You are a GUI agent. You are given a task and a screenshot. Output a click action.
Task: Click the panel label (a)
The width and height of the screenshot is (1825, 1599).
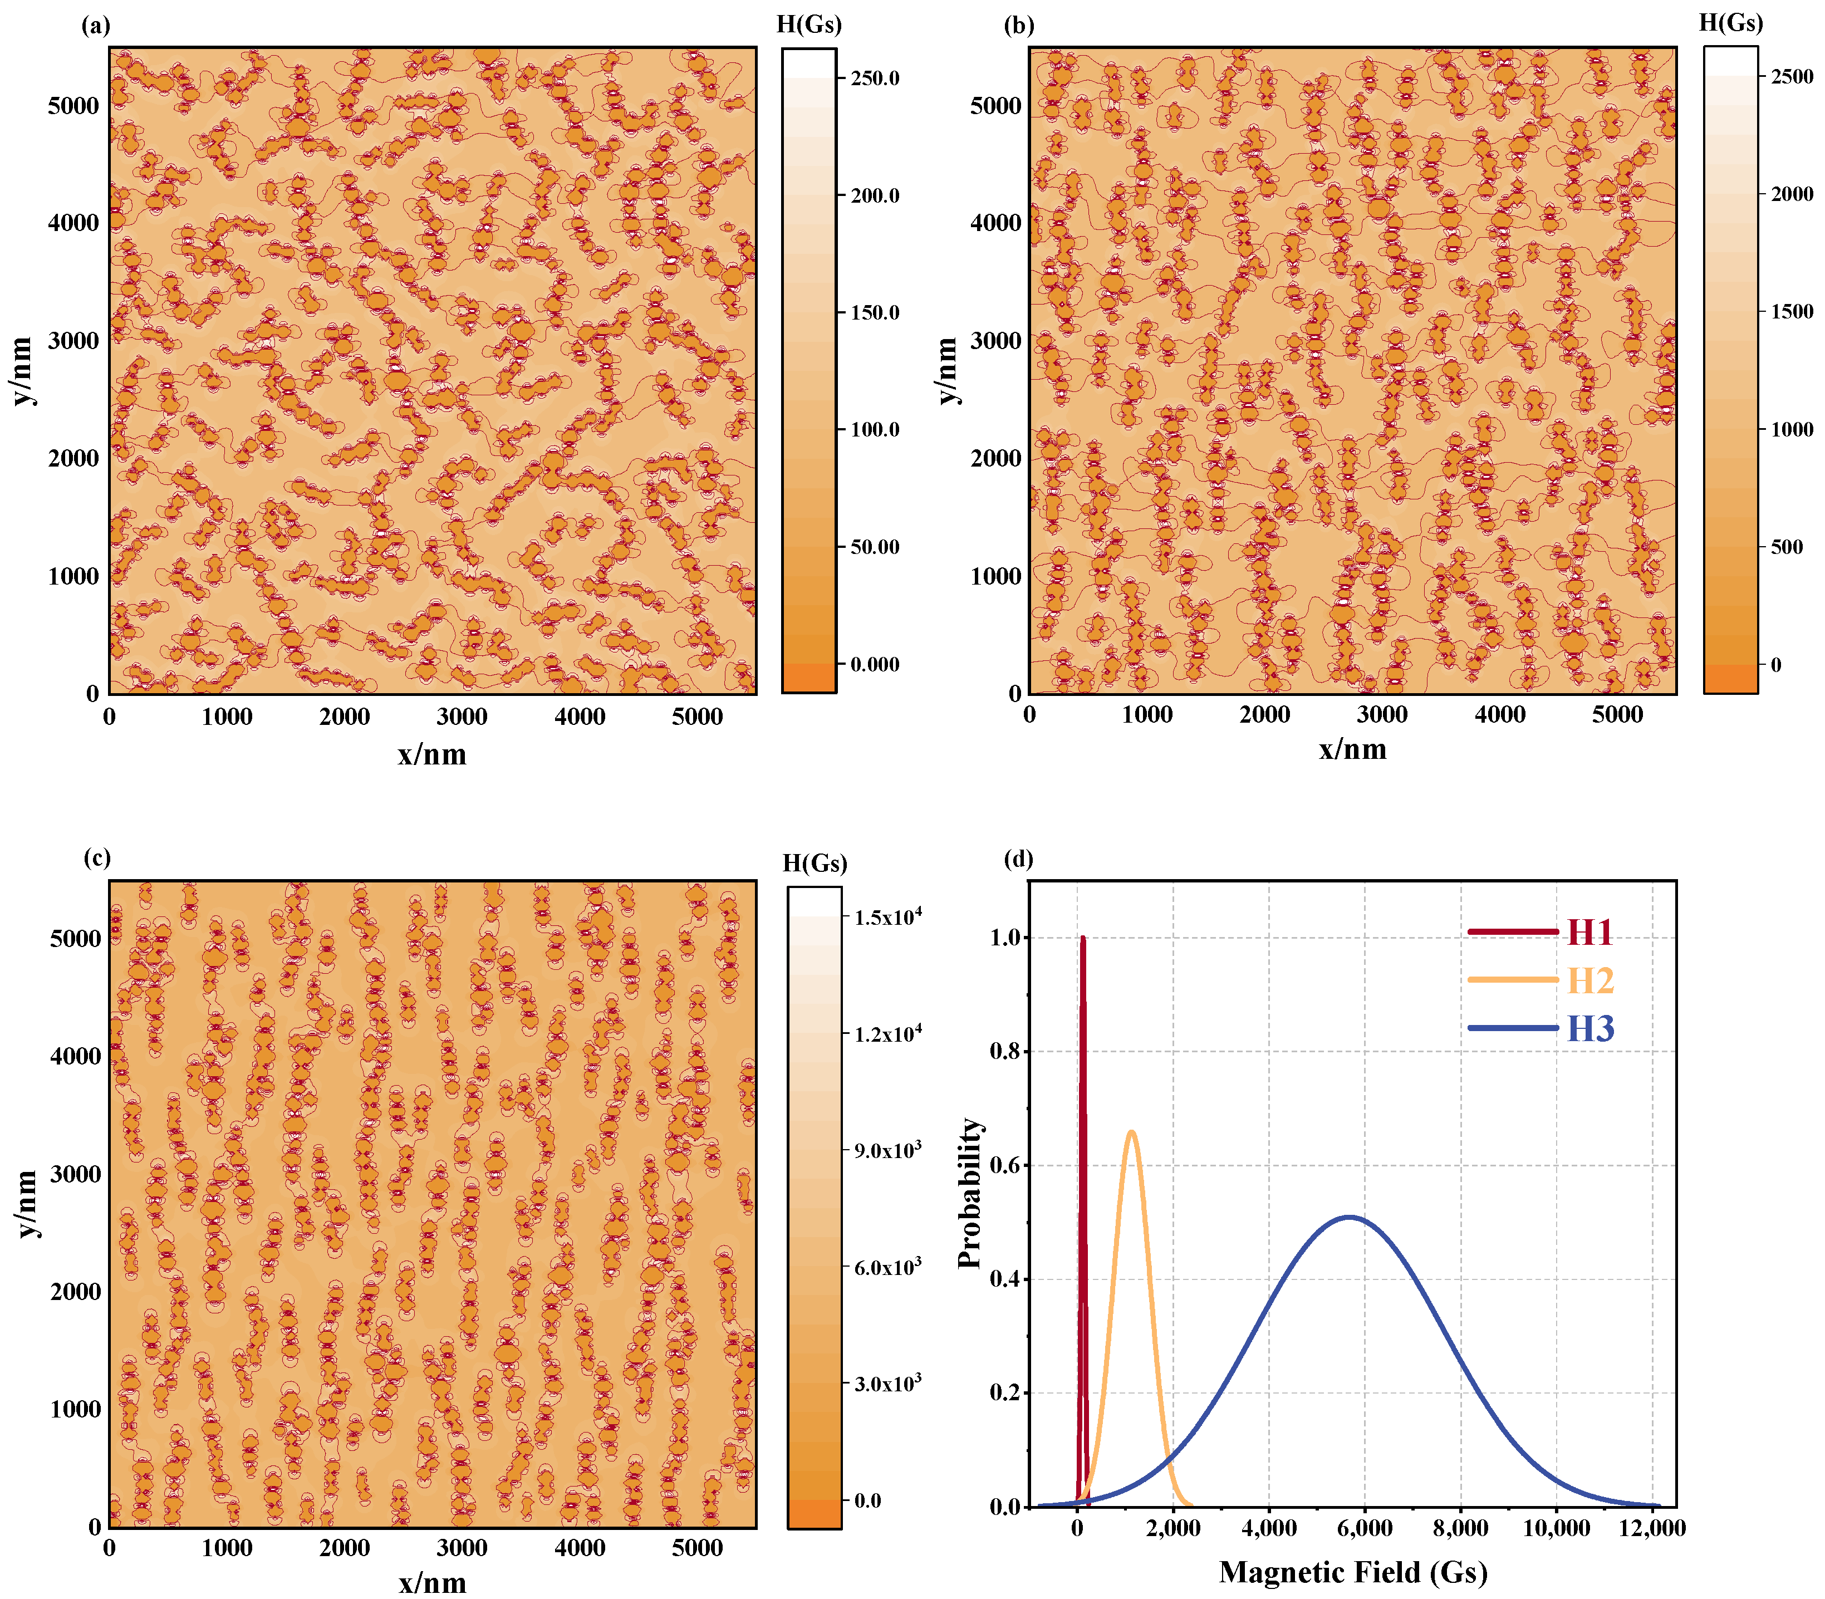tap(96, 26)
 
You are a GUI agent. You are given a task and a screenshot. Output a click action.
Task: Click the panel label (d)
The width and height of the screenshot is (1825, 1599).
tap(1018, 859)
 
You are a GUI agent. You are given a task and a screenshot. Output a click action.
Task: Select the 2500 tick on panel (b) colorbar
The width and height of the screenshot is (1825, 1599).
tap(1792, 77)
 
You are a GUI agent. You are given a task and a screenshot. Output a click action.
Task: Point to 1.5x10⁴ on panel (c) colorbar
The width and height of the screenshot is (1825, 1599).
tap(887, 916)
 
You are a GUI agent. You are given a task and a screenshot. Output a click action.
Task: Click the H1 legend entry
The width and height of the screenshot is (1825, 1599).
tap(1589, 933)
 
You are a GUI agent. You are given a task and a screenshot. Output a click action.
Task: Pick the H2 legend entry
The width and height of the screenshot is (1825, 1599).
tap(1589, 980)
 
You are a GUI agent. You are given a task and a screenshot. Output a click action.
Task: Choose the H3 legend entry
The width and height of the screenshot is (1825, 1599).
tap(1589, 1029)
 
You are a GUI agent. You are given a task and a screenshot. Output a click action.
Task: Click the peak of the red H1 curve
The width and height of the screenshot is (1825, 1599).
tap(1082, 938)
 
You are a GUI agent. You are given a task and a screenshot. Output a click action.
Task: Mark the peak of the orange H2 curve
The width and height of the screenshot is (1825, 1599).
tap(1132, 1132)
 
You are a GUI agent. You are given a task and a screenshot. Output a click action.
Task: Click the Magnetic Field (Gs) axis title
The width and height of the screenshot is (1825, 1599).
tap(1353, 1571)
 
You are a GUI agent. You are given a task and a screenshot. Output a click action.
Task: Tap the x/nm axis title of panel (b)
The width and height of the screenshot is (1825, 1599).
tap(1353, 749)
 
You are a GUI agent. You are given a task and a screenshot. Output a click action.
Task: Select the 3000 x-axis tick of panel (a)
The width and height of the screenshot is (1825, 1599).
tap(462, 717)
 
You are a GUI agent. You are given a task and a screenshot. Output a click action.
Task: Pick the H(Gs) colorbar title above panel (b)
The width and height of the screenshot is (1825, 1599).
tap(1730, 23)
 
